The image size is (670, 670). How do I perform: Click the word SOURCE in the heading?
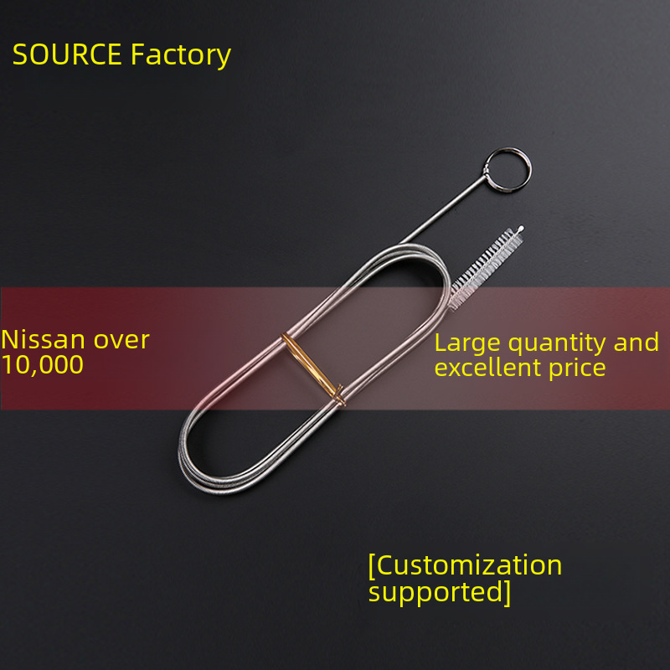(x=68, y=55)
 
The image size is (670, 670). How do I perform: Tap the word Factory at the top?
(x=181, y=55)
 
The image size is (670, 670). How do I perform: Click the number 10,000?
(x=42, y=364)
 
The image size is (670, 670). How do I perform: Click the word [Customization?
(x=465, y=565)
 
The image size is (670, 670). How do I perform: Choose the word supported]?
(x=440, y=592)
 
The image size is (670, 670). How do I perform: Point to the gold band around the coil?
(x=313, y=369)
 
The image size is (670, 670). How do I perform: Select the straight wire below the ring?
(x=444, y=217)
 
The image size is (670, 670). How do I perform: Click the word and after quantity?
(x=636, y=343)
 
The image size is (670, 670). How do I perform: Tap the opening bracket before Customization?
(x=372, y=565)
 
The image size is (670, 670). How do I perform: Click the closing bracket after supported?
(x=507, y=592)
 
